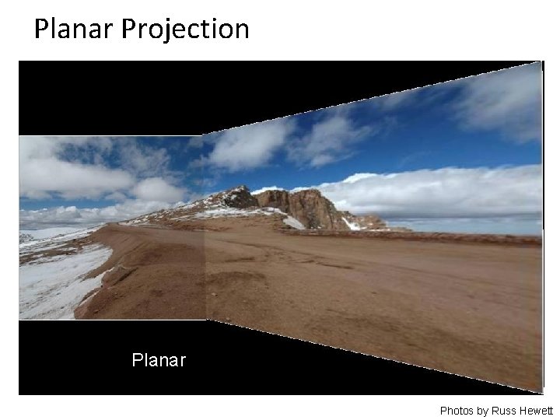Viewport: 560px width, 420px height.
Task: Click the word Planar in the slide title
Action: pos(74,29)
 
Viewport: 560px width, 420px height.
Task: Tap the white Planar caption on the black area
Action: pos(159,361)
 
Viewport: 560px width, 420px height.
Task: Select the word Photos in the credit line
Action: pos(458,410)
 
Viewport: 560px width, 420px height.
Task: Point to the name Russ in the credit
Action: pos(504,410)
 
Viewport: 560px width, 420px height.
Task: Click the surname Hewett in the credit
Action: pos(536,410)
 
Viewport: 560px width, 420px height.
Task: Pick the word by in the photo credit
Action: pos(484,411)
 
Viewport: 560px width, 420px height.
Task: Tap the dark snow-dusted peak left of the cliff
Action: pos(240,197)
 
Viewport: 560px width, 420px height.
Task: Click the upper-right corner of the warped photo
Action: pos(540,64)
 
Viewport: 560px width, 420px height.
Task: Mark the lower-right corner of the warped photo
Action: pos(540,390)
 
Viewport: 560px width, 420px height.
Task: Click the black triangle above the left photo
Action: pos(109,97)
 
